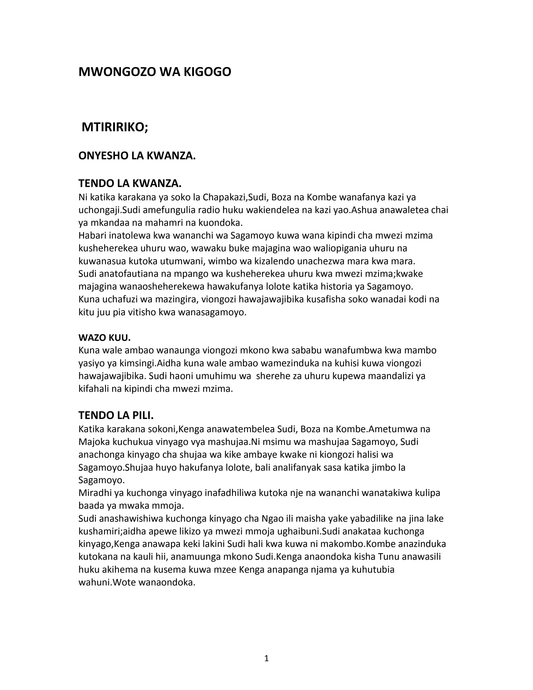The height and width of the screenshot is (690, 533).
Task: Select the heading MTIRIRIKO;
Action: click(115, 127)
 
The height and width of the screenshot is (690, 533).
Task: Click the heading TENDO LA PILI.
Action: click(116, 415)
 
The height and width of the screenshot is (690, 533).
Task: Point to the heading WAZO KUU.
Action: click(105, 338)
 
